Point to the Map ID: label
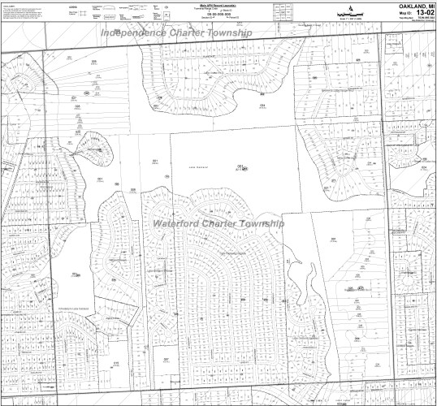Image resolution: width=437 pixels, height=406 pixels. click(x=396, y=13)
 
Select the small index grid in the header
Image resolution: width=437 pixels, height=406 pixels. click(x=283, y=11)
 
